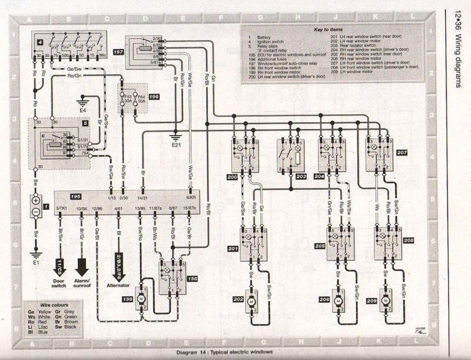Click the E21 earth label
[x=176, y=144]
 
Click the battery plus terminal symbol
[x=35, y=200]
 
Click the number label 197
[x=117, y=52]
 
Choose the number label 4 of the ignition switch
[x=39, y=44]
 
